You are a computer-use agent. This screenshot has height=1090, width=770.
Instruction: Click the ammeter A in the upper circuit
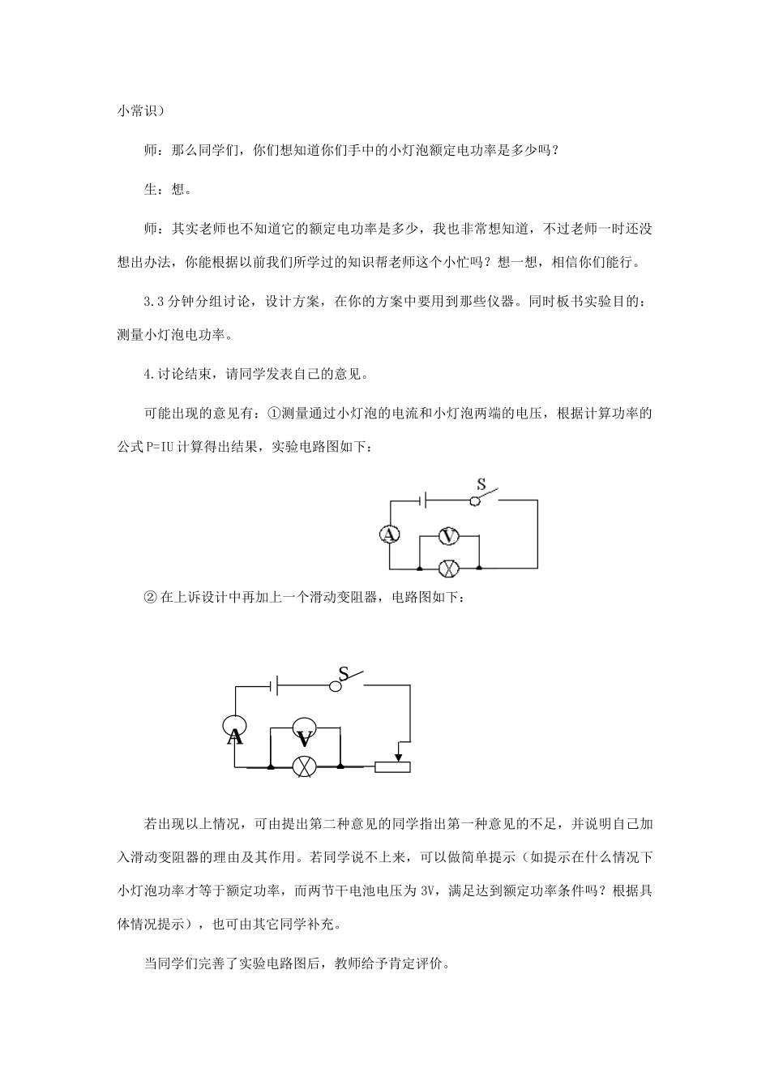390,534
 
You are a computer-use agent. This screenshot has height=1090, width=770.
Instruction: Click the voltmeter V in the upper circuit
448,535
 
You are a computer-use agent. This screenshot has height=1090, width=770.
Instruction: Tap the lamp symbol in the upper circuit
448,567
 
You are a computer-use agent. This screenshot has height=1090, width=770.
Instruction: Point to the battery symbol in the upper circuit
423,500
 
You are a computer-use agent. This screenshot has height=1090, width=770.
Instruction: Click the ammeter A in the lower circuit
235,731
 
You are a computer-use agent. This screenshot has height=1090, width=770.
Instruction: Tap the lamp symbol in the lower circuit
305,766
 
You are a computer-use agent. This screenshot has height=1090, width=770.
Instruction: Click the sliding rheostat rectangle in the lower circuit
393,766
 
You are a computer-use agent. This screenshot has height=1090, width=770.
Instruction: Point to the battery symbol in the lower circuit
275,685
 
